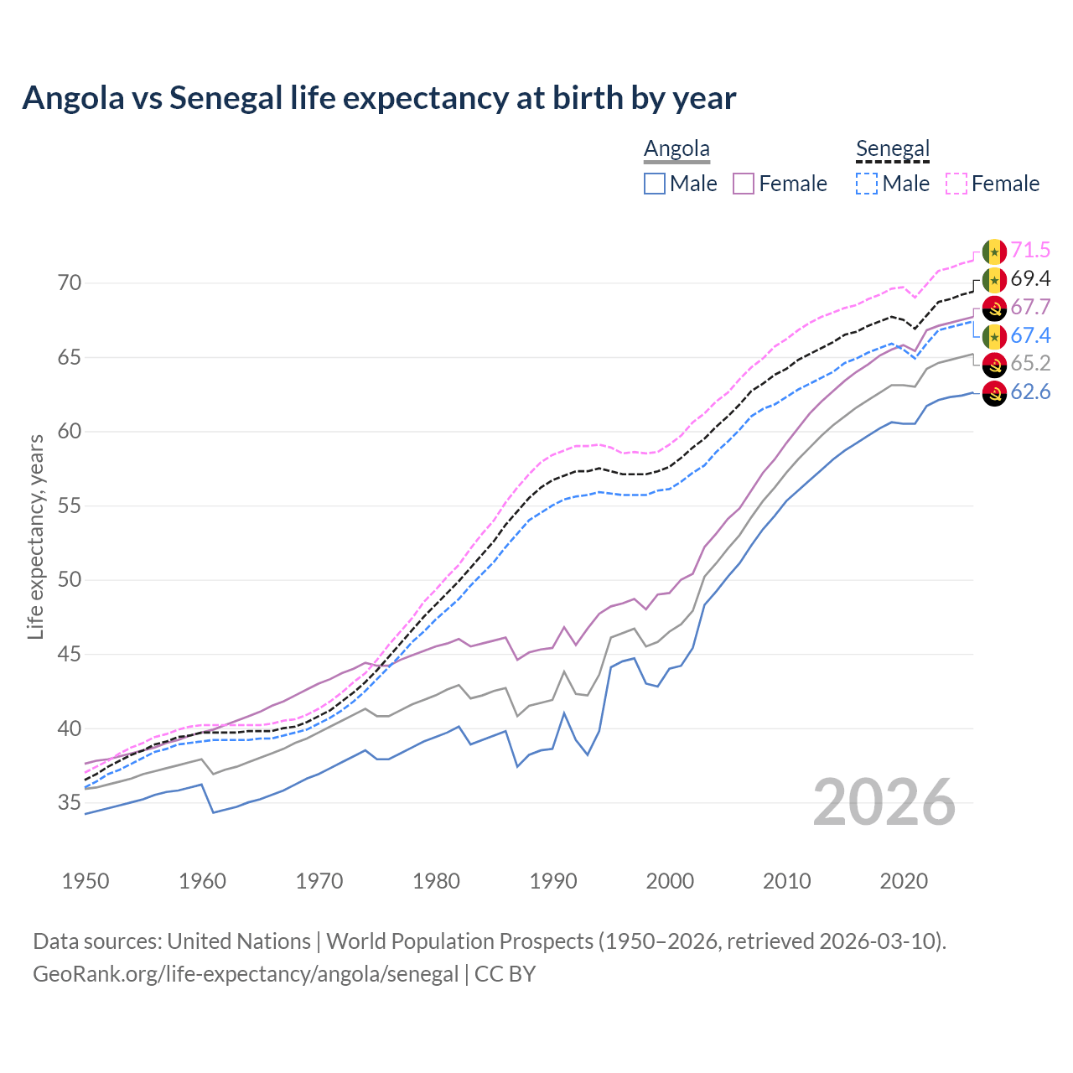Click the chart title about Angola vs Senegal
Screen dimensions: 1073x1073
tap(379, 98)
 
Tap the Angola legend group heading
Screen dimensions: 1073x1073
tap(676, 148)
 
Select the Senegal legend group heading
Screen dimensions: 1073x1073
tap(893, 148)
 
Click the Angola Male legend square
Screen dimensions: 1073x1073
tap(655, 184)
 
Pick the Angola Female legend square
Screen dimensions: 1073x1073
tap(744, 184)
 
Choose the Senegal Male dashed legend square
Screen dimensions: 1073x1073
tap(867, 184)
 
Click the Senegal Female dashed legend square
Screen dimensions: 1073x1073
tap(956, 184)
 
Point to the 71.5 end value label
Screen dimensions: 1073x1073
tap(1030, 250)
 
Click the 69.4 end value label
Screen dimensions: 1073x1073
tap(1030, 278)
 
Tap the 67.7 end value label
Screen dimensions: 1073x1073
tap(1030, 307)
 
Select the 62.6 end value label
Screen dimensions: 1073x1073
tap(1030, 391)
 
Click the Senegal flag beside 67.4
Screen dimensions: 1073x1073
tap(994, 336)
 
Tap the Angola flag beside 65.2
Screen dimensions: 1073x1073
tap(994, 365)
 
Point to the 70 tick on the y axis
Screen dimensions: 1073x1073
tap(70, 283)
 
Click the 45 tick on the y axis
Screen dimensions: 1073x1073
tap(70, 654)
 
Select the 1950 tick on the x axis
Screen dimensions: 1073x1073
tap(86, 881)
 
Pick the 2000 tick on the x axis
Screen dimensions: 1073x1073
tap(670, 881)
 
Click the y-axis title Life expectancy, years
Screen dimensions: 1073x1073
tap(35, 536)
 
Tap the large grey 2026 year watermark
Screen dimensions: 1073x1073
tap(884, 802)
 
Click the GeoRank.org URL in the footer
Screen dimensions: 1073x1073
tap(246, 974)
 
